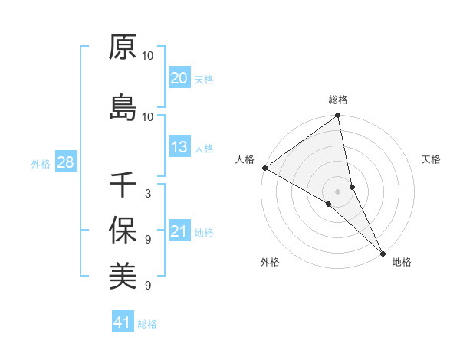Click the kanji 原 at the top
point(123,48)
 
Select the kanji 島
point(123,108)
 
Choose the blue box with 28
point(65,162)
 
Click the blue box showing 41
point(123,322)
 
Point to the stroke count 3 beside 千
point(147,193)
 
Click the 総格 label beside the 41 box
point(147,324)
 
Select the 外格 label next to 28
point(41,163)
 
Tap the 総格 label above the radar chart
point(338,100)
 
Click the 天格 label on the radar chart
point(432,159)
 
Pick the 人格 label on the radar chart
point(245,159)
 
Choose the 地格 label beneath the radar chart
point(402,262)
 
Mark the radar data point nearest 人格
point(264,168)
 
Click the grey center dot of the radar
point(338,191)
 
